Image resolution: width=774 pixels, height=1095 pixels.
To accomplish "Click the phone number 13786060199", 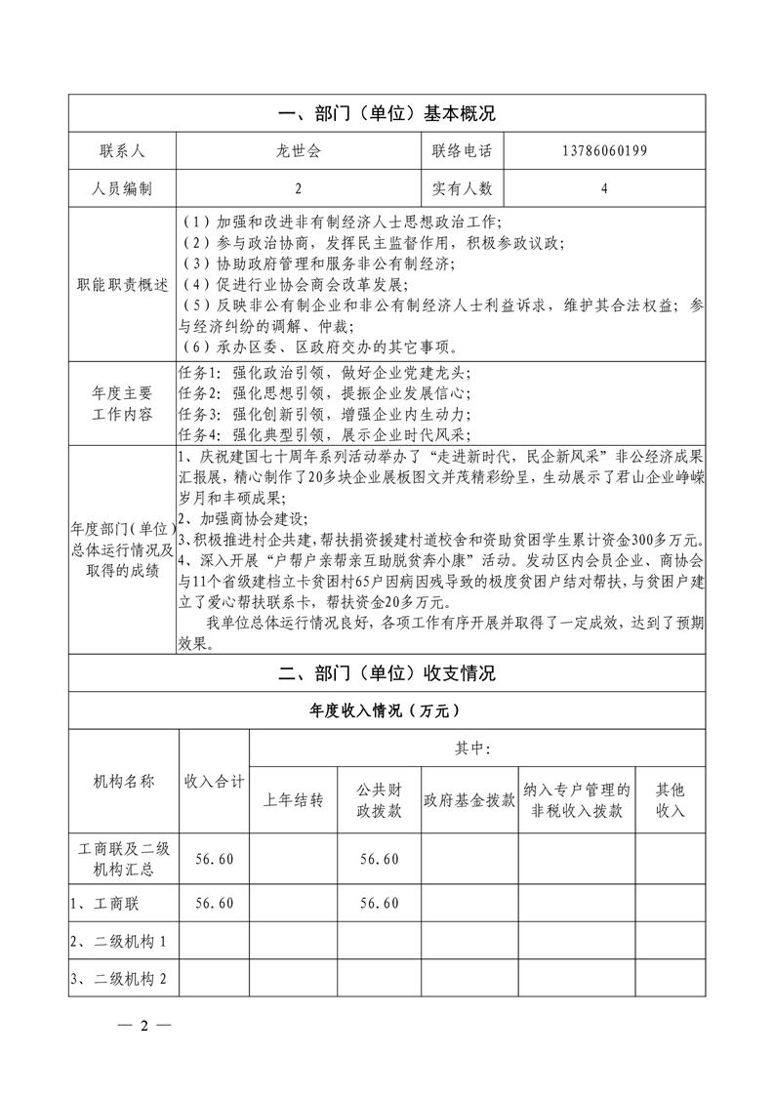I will pos(604,150).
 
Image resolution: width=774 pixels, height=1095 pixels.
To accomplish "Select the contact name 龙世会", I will pos(298,150).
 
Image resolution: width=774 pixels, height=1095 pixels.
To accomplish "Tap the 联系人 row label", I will pos(122,150).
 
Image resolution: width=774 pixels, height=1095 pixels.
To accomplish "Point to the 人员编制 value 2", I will pos(298,188).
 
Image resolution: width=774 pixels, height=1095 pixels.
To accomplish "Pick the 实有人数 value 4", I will pos(604,188).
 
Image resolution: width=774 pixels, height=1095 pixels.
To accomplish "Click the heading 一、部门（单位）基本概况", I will pos(387,113).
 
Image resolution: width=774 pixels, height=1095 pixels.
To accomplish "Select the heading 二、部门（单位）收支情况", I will pos(387,673).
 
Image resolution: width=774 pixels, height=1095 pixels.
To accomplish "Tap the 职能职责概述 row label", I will pos(122,285).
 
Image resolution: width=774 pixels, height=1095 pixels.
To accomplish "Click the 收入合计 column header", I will pos(215,781).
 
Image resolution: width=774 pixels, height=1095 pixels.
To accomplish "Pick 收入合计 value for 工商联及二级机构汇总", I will pos(215,859).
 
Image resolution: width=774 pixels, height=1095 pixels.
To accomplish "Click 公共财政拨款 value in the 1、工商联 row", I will pos(379,904).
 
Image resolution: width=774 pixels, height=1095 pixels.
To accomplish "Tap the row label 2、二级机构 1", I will pos(121,942).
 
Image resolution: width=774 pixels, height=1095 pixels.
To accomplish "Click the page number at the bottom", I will pos(143,1026).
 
